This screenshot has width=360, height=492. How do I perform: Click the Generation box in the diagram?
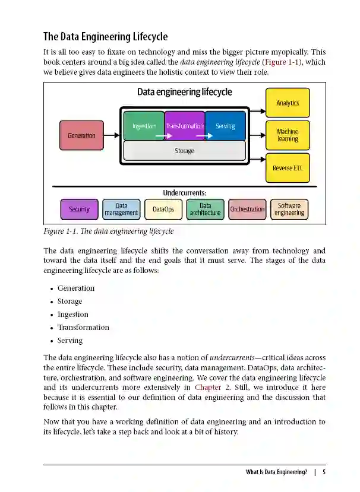(x=81, y=135)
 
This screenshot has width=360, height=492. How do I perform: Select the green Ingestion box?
(x=144, y=126)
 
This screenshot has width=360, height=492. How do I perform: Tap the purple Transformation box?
(x=184, y=126)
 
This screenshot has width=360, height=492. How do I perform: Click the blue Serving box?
(x=225, y=126)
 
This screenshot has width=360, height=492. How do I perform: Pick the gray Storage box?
(x=184, y=151)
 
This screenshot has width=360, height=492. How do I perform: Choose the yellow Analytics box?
(x=288, y=103)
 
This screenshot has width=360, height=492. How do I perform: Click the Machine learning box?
(x=288, y=135)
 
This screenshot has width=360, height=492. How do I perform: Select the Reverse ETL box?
(x=288, y=168)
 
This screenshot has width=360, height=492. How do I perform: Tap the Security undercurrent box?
(x=79, y=209)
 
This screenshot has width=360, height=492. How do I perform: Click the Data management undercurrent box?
(x=121, y=209)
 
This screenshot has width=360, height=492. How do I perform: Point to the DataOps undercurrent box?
(x=163, y=209)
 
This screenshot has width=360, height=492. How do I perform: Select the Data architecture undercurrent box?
(x=205, y=209)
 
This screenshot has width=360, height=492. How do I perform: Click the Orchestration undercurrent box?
(x=247, y=209)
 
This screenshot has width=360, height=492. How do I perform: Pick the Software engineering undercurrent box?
(x=289, y=209)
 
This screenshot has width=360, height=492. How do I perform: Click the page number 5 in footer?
(x=324, y=472)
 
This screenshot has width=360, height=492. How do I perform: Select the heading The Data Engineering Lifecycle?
(x=106, y=37)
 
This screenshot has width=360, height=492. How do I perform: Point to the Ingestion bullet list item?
(x=72, y=315)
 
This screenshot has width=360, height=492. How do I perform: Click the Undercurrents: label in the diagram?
(x=184, y=193)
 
